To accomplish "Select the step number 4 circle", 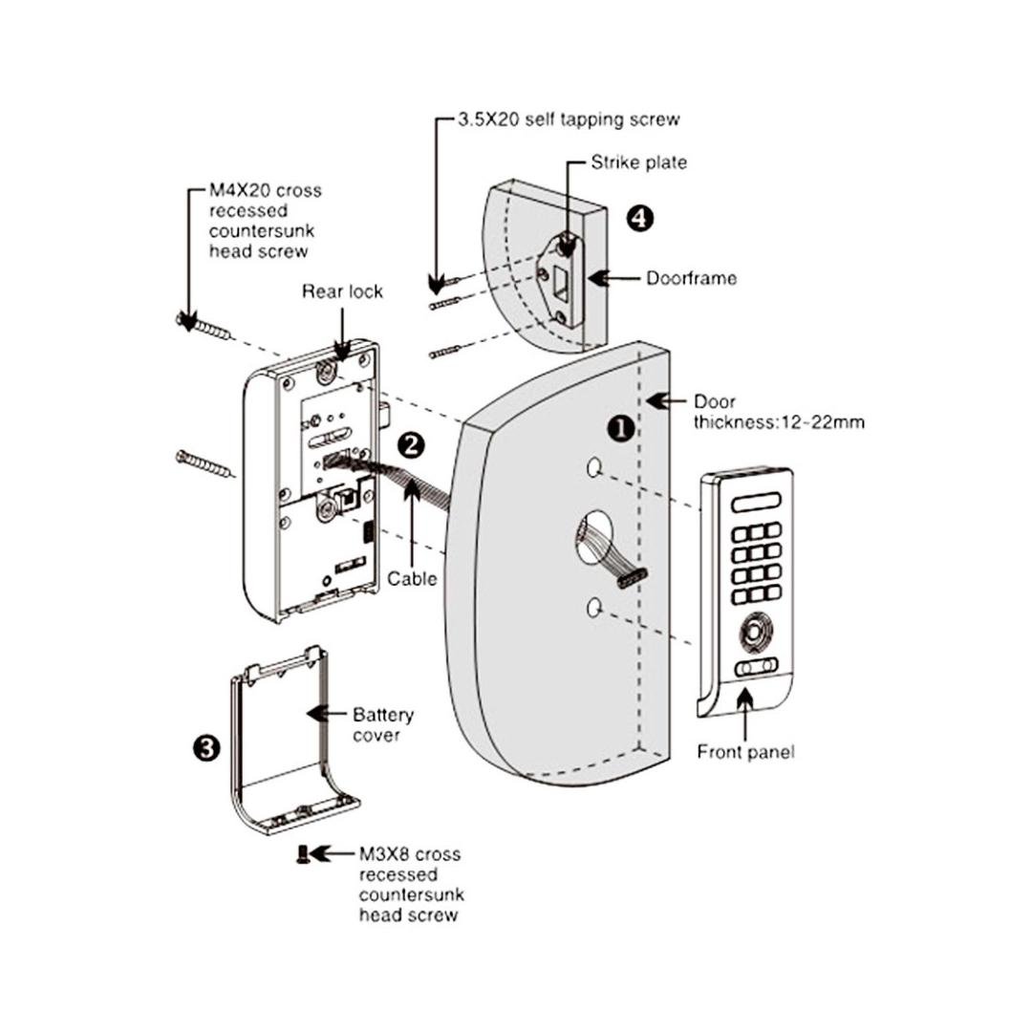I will click(x=640, y=218).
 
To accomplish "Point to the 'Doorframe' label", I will click(x=691, y=279).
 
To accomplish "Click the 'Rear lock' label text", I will click(x=342, y=291).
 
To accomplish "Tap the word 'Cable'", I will click(x=412, y=578).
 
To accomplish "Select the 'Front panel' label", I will click(x=745, y=751).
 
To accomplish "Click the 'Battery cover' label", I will click(x=383, y=724).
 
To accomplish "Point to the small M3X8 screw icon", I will click(x=302, y=853).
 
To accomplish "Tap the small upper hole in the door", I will click(x=594, y=467).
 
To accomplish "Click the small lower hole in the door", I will click(x=595, y=606).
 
